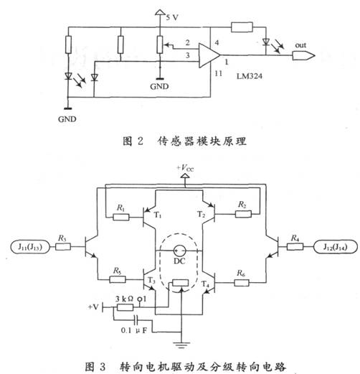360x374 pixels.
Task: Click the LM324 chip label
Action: coord(250,76)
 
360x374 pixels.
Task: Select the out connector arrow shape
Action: coord(303,56)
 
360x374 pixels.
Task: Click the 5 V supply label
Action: coord(172,17)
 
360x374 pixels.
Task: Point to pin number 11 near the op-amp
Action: coord(218,73)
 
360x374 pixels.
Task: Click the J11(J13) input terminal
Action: coord(30,247)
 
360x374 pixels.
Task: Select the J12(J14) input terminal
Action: coord(336,247)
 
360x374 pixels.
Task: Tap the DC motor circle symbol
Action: coord(179,251)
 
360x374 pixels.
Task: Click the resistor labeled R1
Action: coord(121,218)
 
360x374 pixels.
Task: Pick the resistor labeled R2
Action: coord(243,214)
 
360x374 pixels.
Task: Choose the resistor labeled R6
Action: coord(242,283)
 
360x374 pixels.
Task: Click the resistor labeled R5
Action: coord(118,279)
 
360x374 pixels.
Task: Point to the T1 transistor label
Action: coord(157,215)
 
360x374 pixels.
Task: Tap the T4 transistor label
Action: coord(205,284)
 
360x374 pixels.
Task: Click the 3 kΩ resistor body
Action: coord(125,307)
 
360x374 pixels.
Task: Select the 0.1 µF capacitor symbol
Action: coord(136,319)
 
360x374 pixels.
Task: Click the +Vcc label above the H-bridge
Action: coord(186,168)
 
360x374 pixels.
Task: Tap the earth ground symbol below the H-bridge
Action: coord(181,345)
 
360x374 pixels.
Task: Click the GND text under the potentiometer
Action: coord(159,86)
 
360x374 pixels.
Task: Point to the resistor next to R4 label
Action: coord(295,247)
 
